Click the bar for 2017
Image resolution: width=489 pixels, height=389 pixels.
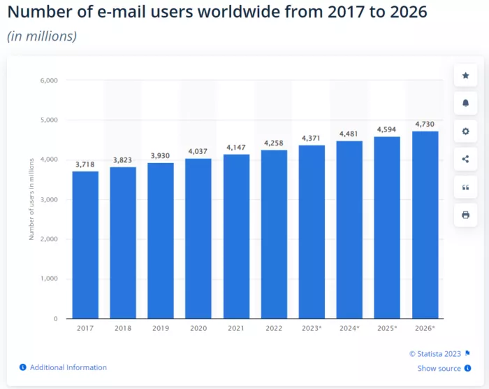point(85,245)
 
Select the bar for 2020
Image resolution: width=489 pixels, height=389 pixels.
point(198,238)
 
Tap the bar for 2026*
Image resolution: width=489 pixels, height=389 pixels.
point(425,225)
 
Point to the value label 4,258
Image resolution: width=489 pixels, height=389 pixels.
point(274,143)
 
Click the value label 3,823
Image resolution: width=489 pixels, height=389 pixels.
point(123,160)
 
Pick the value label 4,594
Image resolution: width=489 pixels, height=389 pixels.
point(387,129)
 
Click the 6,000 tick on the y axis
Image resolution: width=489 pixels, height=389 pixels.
point(49,80)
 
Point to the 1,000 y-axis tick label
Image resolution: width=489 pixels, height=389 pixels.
point(49,279)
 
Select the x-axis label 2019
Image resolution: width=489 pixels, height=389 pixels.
point(161,327)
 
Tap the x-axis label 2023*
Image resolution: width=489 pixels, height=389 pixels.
point(312,327)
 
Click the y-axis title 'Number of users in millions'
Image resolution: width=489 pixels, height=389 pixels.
point(31,199)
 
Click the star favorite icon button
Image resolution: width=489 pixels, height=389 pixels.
point(465,76)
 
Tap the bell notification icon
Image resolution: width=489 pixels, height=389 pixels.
point(465,104)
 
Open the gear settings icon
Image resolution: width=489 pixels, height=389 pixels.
point(465,132)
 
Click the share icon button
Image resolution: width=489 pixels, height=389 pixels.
point(465,160)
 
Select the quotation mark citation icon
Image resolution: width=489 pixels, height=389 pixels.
point(465,188)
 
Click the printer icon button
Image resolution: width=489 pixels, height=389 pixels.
point(465,215)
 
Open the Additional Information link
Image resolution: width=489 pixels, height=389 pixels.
point(68,367)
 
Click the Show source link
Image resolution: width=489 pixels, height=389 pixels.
point(439,369)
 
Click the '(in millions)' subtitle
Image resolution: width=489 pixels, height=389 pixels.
point(42,36)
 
